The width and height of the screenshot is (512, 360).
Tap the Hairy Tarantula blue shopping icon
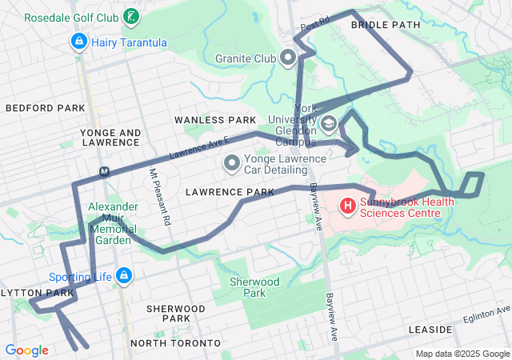point(79,42)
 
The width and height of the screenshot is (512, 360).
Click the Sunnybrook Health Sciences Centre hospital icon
point(348,207)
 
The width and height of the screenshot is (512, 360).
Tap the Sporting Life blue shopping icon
point(123,276)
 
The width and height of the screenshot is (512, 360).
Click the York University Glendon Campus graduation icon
point(329,124)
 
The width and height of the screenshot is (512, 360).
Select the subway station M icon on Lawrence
point(104,171)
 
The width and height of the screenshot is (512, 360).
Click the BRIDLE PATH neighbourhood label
point(386,25)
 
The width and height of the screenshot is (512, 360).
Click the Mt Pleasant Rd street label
point(160,196)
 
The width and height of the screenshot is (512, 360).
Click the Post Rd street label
point(315,27)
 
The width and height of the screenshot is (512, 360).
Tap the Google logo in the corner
point(26,350)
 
